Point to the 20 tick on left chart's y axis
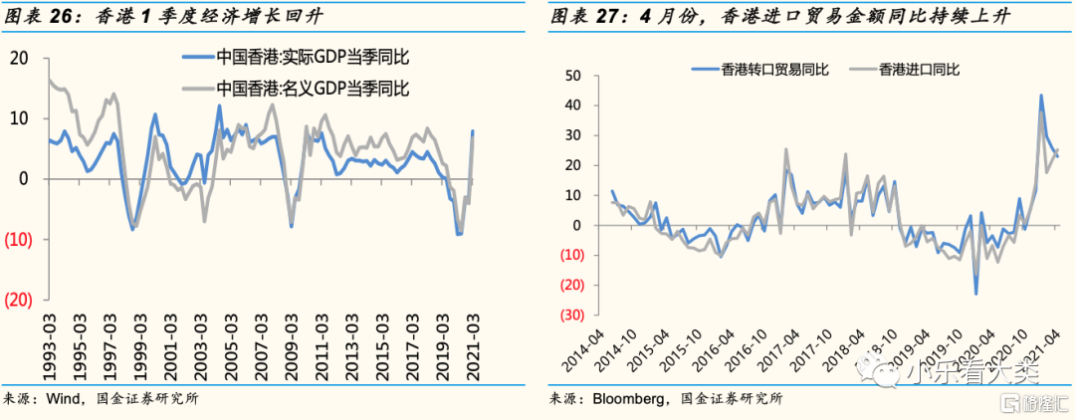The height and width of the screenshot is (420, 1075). [19, 58]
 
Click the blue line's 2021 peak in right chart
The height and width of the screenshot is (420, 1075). [1041, 96]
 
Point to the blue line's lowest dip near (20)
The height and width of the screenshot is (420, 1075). [976, 294]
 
